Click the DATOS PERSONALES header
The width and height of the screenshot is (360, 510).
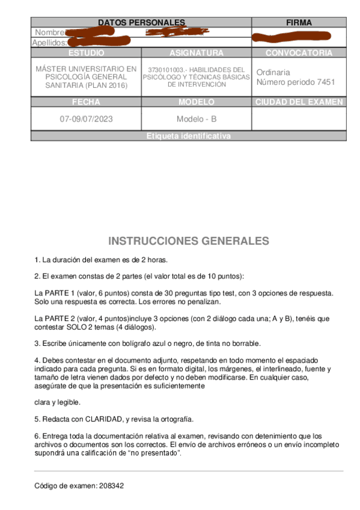click(141, 22)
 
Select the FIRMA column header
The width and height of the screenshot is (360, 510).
click(299, 22)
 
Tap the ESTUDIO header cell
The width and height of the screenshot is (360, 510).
click(86, 53)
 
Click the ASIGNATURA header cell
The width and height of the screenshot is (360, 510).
click(196, 53)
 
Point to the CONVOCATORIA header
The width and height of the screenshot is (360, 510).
click(299, 53)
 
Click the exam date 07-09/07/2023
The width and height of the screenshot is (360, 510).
click(86, 119)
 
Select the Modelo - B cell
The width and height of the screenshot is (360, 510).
click(196, 119)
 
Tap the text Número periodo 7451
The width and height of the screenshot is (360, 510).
click(296, 82)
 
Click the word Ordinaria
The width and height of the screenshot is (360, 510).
click(273, 72)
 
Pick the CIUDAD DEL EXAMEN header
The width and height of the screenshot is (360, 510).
click(299, 102)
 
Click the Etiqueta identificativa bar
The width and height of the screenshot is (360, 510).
click(188, 137)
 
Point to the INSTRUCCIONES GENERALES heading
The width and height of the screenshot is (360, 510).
click(189, 241)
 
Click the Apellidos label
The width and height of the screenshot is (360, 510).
click(49, 43)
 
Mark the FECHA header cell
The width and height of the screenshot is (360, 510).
click(86, 102)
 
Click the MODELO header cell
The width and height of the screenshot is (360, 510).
click(196, 102)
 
